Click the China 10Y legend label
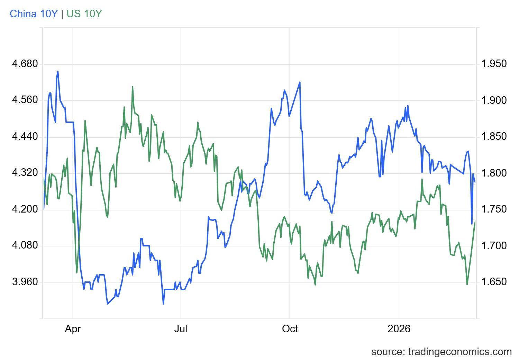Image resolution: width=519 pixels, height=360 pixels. pyautogui.click(x=34, y=14)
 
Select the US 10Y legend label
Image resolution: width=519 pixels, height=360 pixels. pyautogui.click(x=84, y=14)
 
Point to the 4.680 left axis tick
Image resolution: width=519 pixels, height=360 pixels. pyautogui.click(x=25, y=64)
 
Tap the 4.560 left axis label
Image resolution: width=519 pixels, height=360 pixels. pyautogui.click(x=25, y=100)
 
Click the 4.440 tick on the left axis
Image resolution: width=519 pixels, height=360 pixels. pyautogui.click(x=25, y=137)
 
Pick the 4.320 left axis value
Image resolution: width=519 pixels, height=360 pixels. pyautogui.click(x=25, y=173)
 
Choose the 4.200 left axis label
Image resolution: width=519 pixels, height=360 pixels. pyautogui.click(x=25, y=209)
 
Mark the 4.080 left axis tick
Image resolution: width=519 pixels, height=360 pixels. pyautogui.click(x=25, y=246)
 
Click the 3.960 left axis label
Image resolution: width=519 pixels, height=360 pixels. pyautogui.click(x=25, y=282)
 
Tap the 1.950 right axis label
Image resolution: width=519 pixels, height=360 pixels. pyautogui.click(x=494, y=64)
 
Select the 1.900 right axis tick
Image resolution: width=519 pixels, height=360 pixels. pyautogui.click(x=494, y=100)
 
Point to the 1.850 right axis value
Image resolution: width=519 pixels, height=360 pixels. pyautogui.click(x=494, y=137)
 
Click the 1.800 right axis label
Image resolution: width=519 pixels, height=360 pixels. pyautogui.click(x=494, y=173)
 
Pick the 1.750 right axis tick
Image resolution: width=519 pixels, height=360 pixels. pyautogui.click(x=494, y=209)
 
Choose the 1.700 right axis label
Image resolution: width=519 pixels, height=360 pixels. pyautogui.click(x=494, y=246)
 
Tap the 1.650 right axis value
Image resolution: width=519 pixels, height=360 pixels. pyautogui.click(x=494, y=282)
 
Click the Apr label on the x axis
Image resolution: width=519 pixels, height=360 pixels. pyautogui.click(x=73, y=328)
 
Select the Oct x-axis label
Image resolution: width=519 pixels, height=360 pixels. pyautogui.click(x=290, y=328)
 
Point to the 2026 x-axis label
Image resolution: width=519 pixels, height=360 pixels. pyautogui.click(x=399, y=328)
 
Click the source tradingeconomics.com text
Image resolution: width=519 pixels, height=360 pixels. pyautogui.click(x=441, y=352)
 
